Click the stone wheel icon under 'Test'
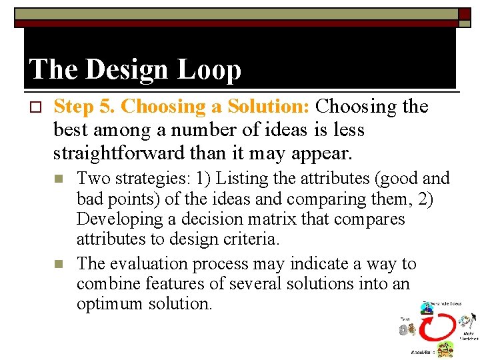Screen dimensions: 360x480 (405, 329)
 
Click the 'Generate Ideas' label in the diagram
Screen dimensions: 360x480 (443, 303)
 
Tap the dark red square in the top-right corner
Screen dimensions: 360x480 (463, 14)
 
